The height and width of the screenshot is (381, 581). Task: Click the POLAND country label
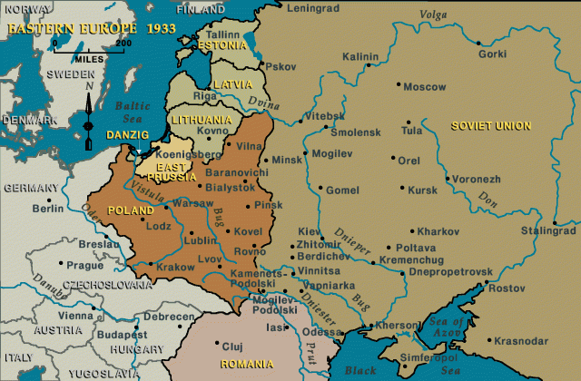pyautogui.click(x=131, y=210)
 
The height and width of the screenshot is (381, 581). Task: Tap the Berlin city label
pyautogui.click(x=47, y=208)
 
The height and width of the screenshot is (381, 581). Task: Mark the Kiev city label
pyautogui.click(x=310, y=231)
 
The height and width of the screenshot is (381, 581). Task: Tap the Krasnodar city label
pyautogui.click(x=522, y=341)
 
